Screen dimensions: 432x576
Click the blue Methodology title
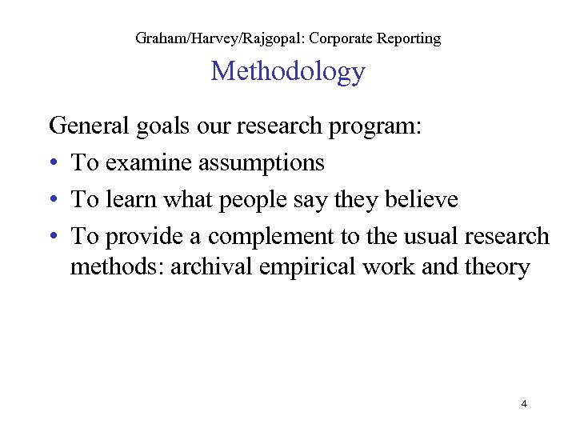288,72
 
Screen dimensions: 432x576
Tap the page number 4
524,404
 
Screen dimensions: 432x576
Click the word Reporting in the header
410,38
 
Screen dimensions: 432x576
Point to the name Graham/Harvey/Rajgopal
225,38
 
